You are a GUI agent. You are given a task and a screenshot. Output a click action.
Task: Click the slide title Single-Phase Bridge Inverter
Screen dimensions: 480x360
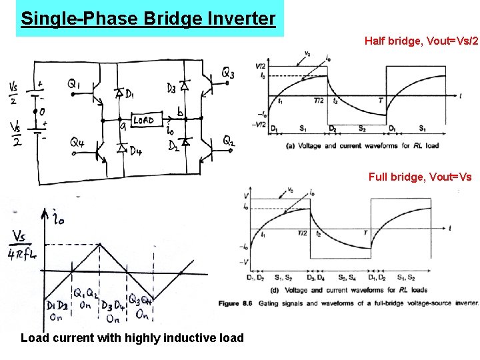[x=148, y=18]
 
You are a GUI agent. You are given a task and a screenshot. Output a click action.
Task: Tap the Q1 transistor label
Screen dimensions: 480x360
[x=74, y=84]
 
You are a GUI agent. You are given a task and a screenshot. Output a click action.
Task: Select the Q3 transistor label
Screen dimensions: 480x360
[x=227, y=73]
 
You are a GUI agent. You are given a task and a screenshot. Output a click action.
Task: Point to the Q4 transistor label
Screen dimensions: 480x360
[x=77, y=142]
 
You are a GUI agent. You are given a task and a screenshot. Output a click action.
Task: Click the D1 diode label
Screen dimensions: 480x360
[x=128, y=93]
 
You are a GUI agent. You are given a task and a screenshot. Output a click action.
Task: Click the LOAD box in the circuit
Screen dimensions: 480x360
[x=143, y=121]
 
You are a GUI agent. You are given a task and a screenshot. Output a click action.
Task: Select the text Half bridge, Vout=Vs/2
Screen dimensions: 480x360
[x=421, y=41]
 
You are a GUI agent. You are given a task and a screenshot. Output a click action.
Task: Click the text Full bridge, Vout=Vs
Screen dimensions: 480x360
[x=420, y=177]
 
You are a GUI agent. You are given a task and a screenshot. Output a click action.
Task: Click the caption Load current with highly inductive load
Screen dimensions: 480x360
[x=132, y=338]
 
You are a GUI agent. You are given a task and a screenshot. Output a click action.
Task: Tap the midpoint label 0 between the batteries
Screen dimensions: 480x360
[x=41, y=112]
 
